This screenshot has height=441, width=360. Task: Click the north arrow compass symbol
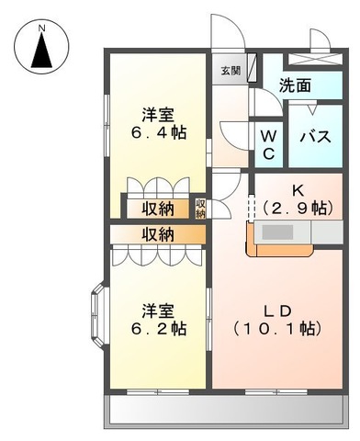coord(42,52)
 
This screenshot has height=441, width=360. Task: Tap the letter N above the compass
coord(42,28)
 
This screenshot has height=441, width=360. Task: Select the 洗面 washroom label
coord(295,85)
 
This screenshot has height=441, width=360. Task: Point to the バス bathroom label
coord(316,138)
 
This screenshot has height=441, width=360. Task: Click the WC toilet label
coord(269,144)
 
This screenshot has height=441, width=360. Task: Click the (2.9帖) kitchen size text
coord(296,209)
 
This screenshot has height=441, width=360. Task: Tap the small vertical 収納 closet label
coord(201,209)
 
